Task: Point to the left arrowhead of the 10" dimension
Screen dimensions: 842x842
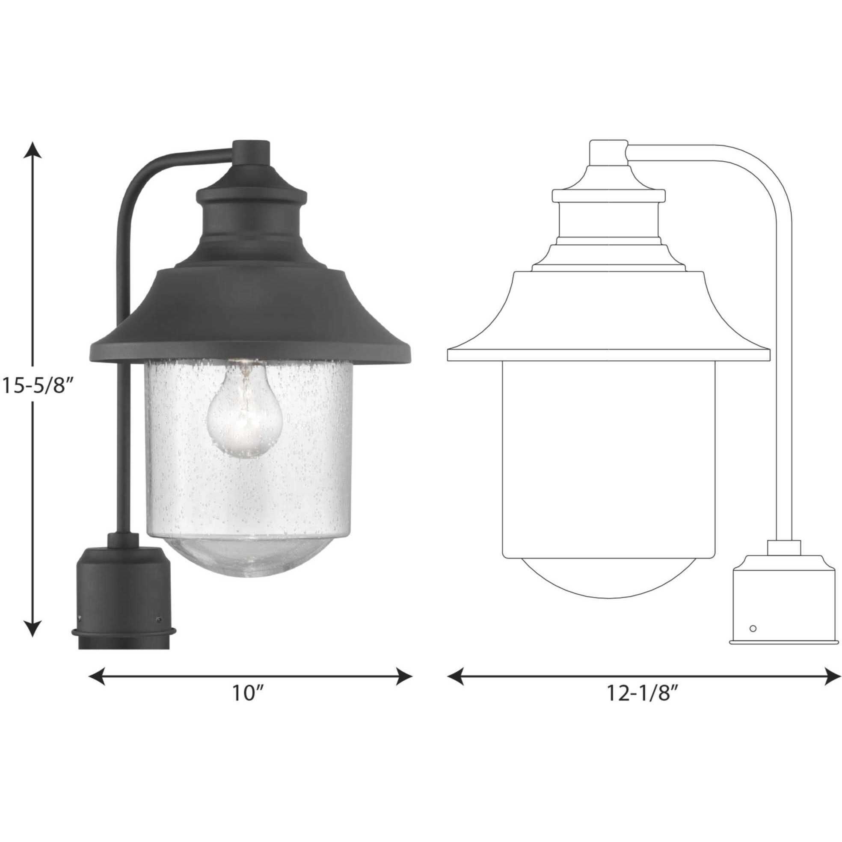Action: [97, 677]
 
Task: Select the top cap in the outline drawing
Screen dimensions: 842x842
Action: [608, 153]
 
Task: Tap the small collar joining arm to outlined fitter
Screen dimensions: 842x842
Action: [784, 547]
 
